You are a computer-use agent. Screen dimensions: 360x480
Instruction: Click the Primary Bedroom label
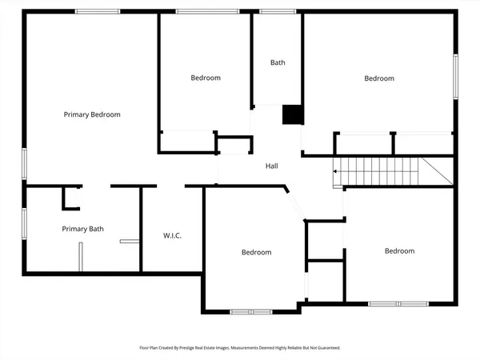(x=92, y=114)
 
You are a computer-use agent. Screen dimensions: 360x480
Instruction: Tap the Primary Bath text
(x=83, y=229)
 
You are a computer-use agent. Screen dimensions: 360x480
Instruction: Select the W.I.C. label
(x=172, y=236)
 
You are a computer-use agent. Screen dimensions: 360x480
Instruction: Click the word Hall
(x=272, y=166)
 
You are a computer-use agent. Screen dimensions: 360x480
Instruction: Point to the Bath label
(x=278, y=62)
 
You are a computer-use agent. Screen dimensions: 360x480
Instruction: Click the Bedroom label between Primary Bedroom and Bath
(x=206, y=78)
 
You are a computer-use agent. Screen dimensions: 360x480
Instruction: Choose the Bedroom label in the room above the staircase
(x=379, y=78)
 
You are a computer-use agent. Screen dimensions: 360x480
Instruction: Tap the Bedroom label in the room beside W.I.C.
(x=256, y=252)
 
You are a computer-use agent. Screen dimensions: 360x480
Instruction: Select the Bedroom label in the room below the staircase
(x=399, y=251)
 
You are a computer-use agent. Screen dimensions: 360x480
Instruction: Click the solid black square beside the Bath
(x=293, y=114)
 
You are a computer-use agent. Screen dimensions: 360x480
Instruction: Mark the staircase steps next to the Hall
(x=376, y=170)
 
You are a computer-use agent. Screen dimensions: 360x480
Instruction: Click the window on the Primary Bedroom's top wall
(x=98, y=11)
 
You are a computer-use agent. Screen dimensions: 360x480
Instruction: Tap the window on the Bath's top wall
(x=277, y=11)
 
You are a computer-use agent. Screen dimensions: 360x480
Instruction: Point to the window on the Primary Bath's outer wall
(x=24, y=223)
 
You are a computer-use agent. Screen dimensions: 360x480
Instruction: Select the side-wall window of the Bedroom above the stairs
(x=455, y=78)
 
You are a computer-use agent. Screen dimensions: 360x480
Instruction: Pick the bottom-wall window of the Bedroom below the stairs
(x=398, y=304)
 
